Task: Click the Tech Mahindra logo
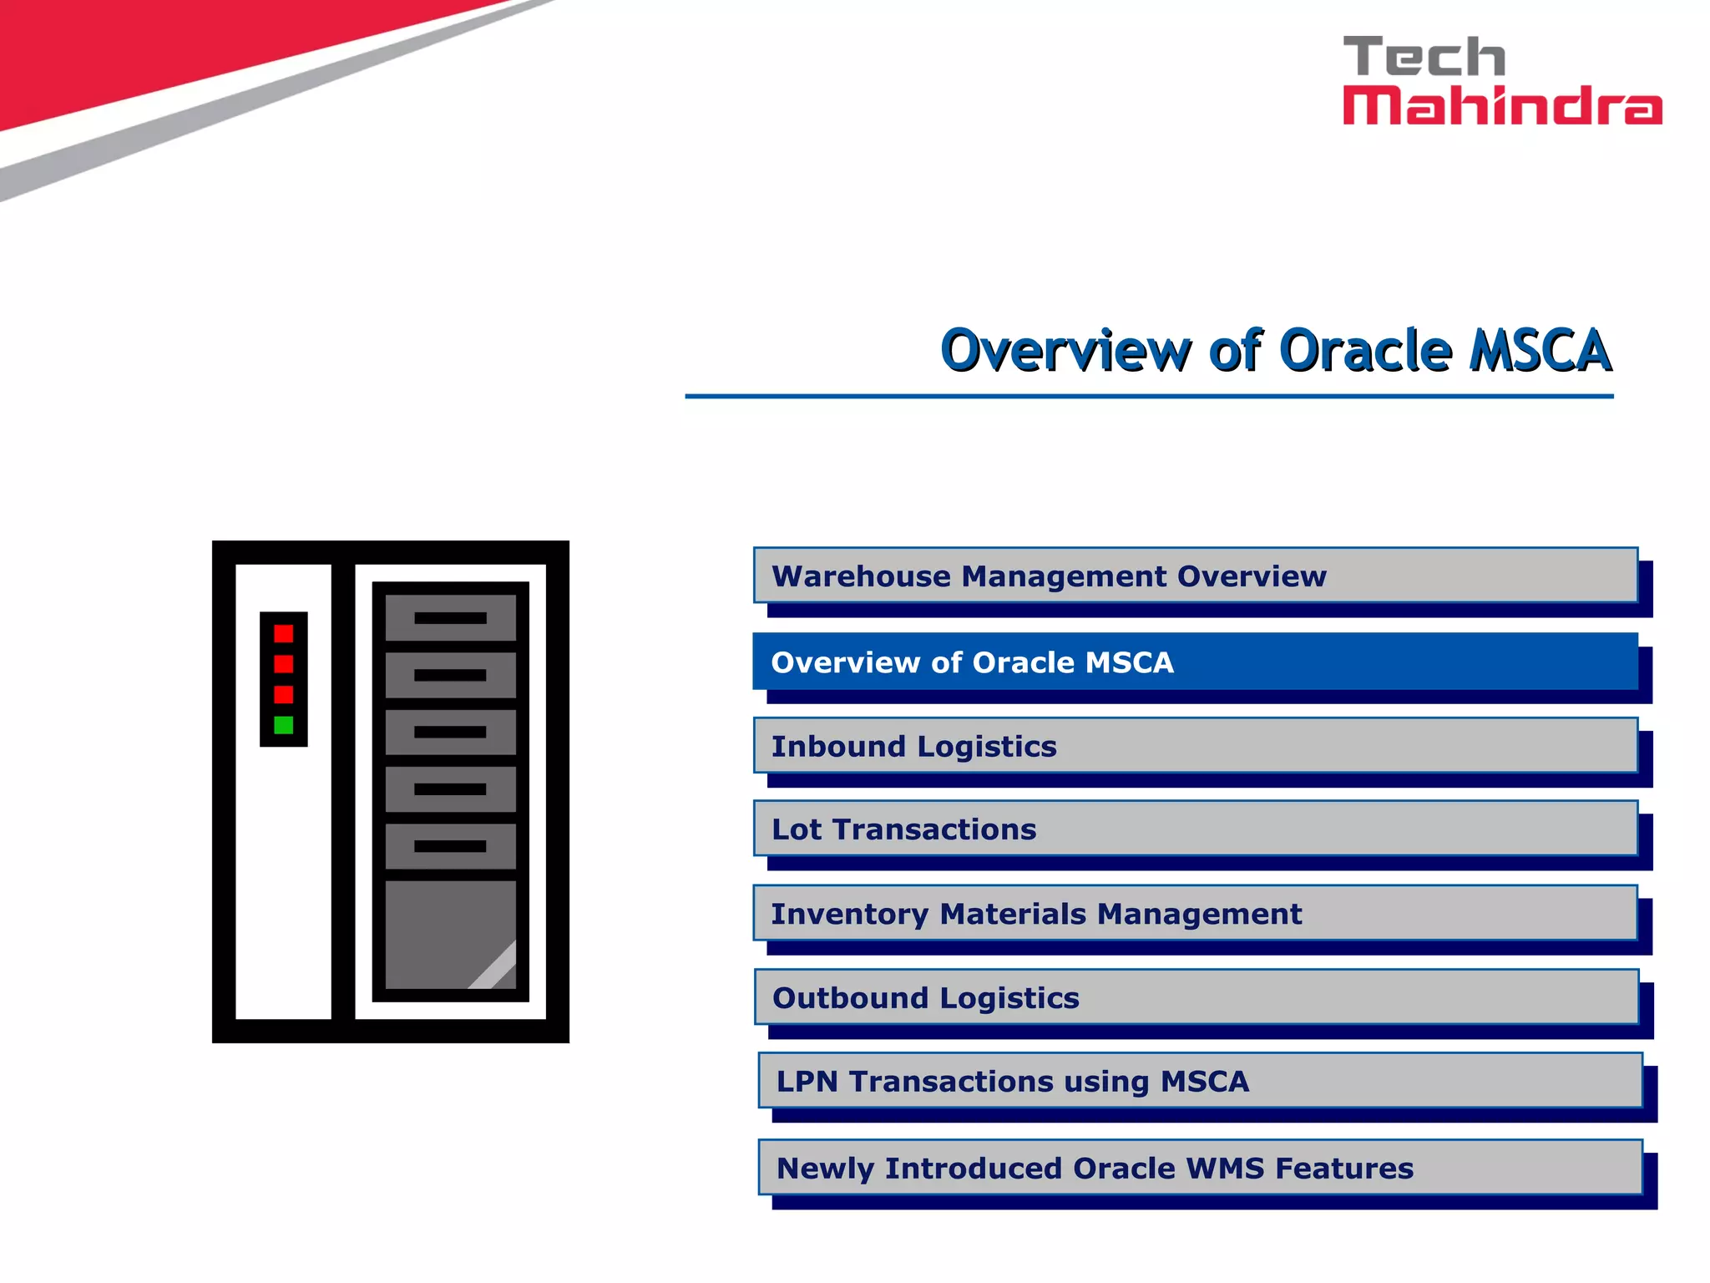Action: click(x=1501, y=81)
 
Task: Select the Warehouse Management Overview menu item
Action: click(x=1195, y=576)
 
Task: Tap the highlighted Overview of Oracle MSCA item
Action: click(x=1195, y=662)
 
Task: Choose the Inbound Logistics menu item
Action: click(x=1195, y=745)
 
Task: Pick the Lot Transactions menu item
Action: click(x=1195, y=829)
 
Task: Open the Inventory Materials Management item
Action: click(x=1195, y=913)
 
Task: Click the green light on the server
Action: click(x=284, y=725)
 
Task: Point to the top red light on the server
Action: click(x=284, y=633)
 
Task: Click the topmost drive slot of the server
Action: click(x=450, y=618)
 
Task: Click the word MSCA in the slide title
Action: click(x=1541, y=350)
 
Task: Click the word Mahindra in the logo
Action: click(x=1501, y=106)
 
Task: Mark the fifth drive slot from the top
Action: click(x=450, y=846)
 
